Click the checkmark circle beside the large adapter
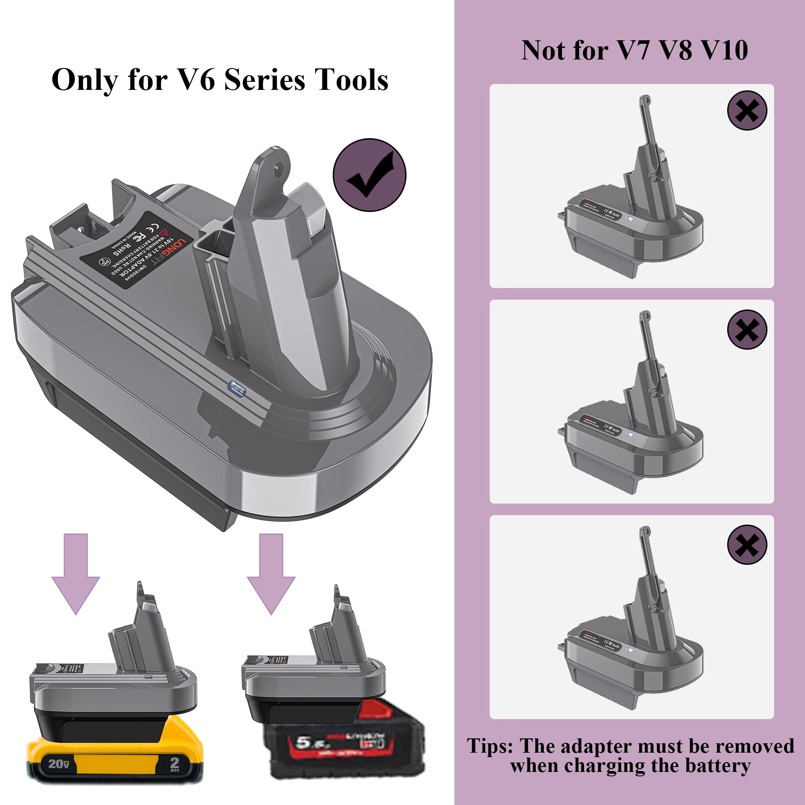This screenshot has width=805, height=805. pyautogui.click(x=369, y=175)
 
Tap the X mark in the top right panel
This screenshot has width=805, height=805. pyautogui.click(x=747, y=110)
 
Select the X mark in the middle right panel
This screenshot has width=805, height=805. pyautogui.click(x=747, y=330)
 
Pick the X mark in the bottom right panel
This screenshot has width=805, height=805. pyautogui.click(x=747, y=545)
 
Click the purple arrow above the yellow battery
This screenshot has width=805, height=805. pyautogui.click(x=76, y=575)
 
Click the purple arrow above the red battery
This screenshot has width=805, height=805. pyautogui.click(x=271, y=575)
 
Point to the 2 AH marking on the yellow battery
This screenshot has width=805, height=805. pyautogui.click(x=174, y=764)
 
